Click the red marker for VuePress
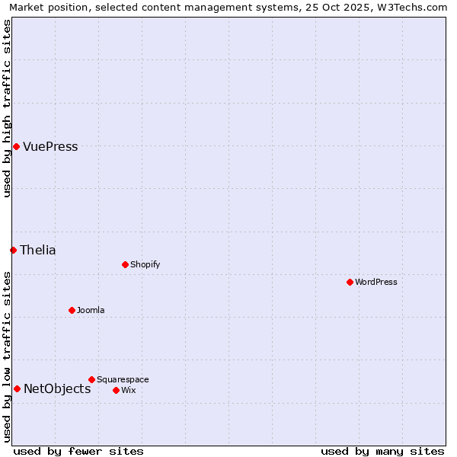point(16,146)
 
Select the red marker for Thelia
point(13,250)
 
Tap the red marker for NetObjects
point(17,388)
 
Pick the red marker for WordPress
point(350,282)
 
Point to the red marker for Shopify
point(125,264)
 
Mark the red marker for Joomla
point(72,310)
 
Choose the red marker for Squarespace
point(91,379)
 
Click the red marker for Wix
point(116,390)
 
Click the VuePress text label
point(50,147)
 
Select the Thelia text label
point(38,251)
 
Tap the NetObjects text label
point(57,389)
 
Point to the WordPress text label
point(376,283)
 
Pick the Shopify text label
point(145,265)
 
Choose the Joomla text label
point(91,311)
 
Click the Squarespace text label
point(123,380)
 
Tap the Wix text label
point(129,391)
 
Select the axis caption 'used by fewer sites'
point(78,451)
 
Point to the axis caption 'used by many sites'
point(382,451)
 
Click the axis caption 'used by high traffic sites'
point(8,108)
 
